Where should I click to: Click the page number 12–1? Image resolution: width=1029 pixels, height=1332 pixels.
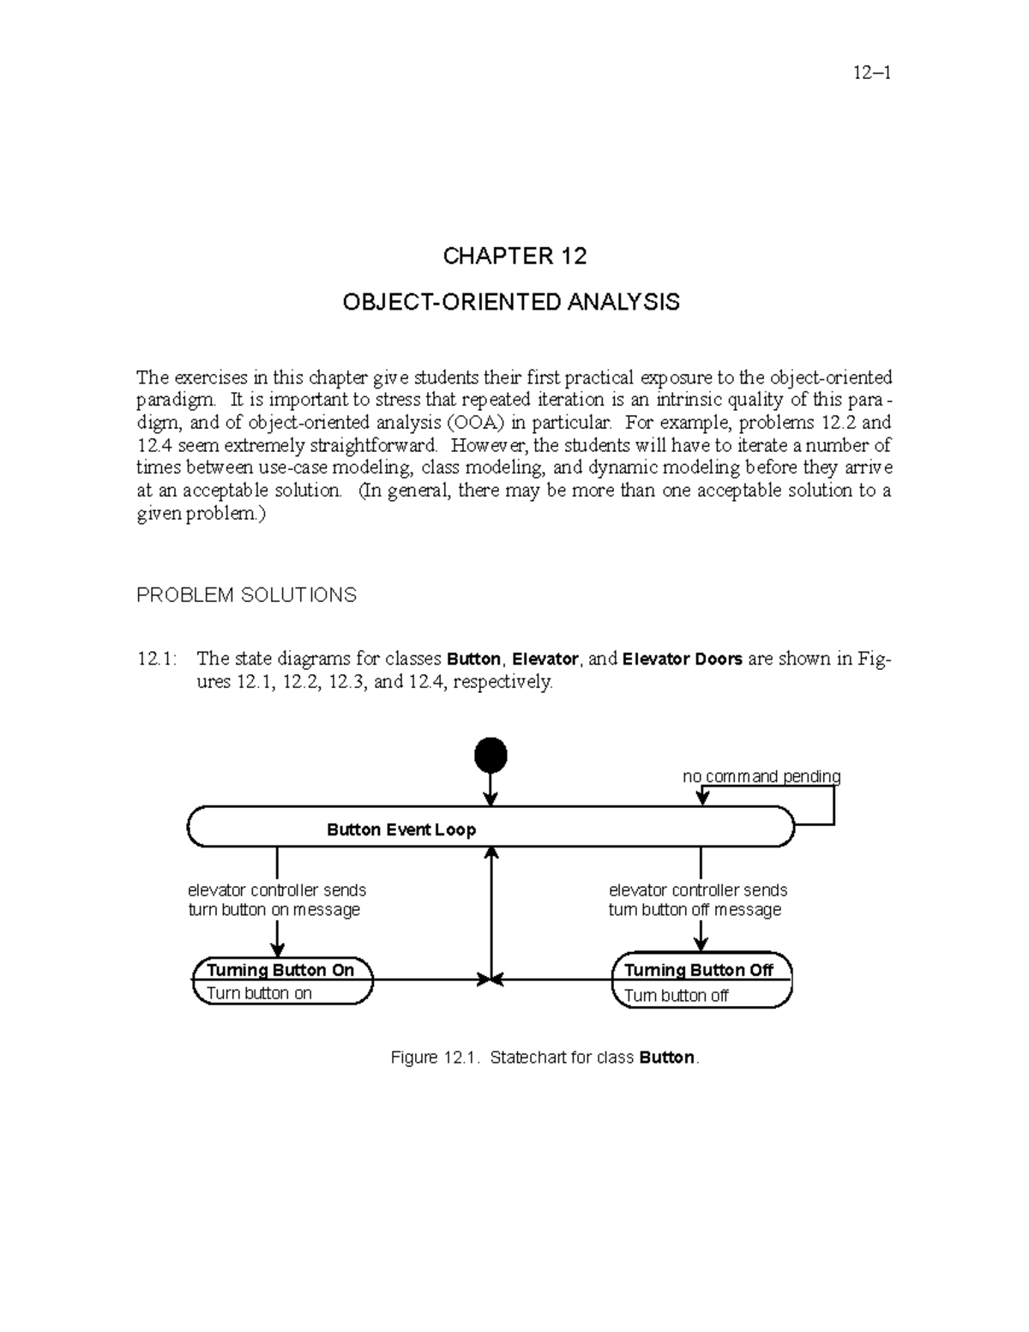[872, 73]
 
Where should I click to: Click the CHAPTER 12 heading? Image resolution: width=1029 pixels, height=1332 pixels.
[514, 256]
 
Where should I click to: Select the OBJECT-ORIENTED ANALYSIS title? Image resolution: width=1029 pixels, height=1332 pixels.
[511, 302]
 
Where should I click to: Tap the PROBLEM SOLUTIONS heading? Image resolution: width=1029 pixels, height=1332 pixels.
[246, 595]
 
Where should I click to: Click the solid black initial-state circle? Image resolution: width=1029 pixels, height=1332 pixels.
[490, 756]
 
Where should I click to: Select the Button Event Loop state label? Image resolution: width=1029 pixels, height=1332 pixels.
[401, 829]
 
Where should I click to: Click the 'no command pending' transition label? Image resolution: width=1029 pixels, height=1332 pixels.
[761, 776]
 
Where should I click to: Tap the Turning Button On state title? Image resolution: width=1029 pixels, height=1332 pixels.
[280, 970]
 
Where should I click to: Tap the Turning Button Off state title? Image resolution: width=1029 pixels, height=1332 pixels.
[699, 970]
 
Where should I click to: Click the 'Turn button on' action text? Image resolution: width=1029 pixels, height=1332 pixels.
[259, 993]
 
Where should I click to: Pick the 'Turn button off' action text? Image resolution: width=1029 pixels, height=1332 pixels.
[677, 996]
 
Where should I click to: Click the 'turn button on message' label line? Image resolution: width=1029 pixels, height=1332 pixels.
[274, 910]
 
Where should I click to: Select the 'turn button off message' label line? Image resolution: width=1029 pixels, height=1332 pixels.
[695, 910]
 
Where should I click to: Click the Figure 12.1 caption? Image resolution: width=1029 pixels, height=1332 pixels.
[545, 1058]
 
